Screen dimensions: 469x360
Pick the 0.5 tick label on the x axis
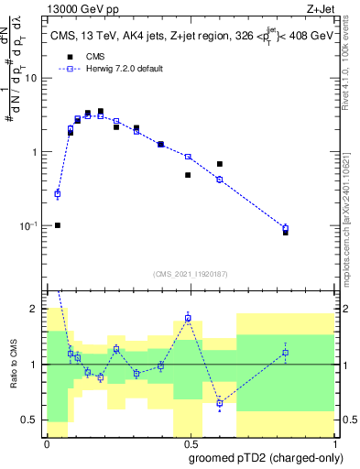(x=188, y=444)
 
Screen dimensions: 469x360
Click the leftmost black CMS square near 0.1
(x=58, y=225)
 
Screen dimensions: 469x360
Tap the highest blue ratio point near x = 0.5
(x=188, y=318)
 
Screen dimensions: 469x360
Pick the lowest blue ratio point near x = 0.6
(x=220, y=403)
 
